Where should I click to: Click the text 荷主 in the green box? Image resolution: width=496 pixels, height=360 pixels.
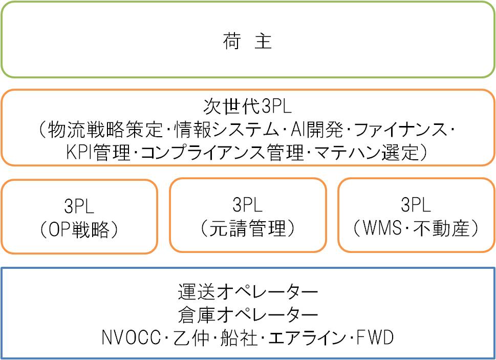247,41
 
